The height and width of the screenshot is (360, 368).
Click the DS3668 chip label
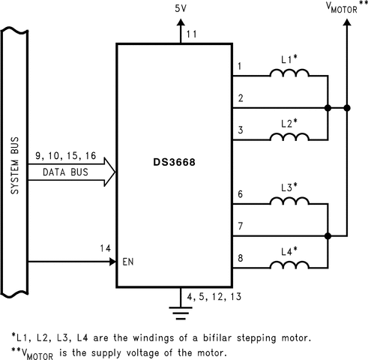click(x=174, y=162)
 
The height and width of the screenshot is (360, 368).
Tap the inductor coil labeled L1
click(x=289, y=73)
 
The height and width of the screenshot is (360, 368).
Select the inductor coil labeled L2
click(x=289, y=136)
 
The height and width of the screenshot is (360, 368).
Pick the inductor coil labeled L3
click(x=289, y=201)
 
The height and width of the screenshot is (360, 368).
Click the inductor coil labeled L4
click(x=289, y=265)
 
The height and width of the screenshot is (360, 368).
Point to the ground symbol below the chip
click(x=181, y=313)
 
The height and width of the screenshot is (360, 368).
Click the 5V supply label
click(x=181, y=9)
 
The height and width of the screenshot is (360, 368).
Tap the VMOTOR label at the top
click(x=342, y=7)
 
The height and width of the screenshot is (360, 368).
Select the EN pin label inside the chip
click(x=128, y=262)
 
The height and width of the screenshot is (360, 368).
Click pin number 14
click(x=105, y=248)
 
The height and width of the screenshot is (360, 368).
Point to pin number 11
click(x=192, y=34)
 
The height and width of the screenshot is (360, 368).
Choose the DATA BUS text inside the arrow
click(x=65, y=172)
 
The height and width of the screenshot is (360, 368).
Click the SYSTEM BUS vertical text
click(x=15, y=166)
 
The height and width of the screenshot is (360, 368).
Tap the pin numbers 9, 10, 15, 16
click(x=66, y=156)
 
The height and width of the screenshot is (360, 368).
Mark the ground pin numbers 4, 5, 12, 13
click(x=214, y=297)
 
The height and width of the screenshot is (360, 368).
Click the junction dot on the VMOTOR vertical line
click(x=347, y=108)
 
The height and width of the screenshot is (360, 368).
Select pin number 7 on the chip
click(x=241, y=226)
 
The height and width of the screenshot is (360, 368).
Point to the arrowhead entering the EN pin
click(x=112, y=262)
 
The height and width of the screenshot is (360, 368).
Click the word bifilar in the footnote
click(x=217, y=338)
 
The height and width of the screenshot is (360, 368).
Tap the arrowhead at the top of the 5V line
click(x=181, y=22)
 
